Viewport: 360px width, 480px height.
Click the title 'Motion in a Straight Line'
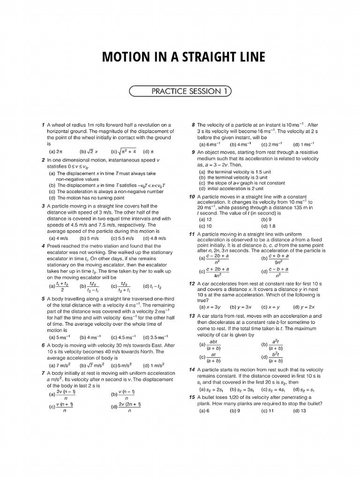point(183,58)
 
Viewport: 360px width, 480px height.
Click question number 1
point(43,125)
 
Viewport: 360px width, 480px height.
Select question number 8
point(193,125)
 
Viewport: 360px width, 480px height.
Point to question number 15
point(192,397)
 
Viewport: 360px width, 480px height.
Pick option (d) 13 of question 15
point(299,411)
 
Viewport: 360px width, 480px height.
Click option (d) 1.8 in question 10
point(268,225)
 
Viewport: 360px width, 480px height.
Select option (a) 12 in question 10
point(206,219)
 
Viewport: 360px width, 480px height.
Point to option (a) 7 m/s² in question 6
point(60,365)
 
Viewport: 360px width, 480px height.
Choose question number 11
point(192,234)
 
